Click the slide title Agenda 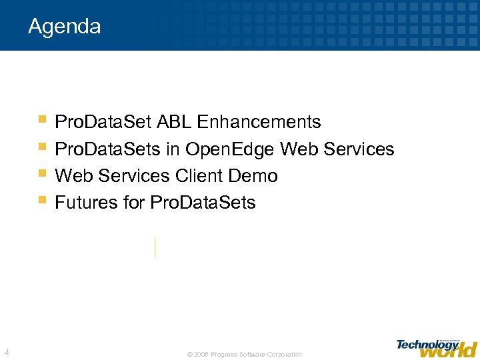click(64, 27)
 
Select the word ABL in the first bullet click(173, 122)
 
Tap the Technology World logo click(436, 347)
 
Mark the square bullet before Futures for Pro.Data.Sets click(43, 199)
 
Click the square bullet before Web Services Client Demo click(43, 173)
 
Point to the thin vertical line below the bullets click(155, 247)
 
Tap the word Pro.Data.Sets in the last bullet click(203, 203)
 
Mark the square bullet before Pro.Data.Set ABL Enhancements click(43, 119)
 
